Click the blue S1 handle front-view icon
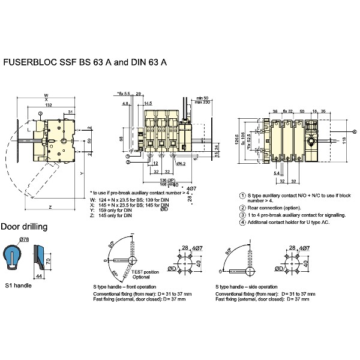(14, 256)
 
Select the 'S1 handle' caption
(18, 285)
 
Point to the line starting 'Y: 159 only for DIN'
(113, 210)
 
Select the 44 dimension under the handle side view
(39, 275)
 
